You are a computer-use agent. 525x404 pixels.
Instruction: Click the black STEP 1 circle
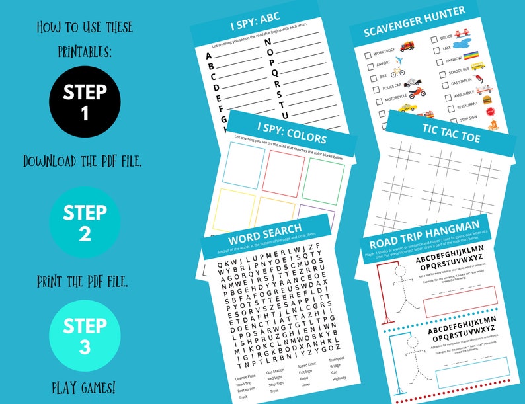pos(85,102)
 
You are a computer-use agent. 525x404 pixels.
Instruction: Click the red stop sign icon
pos(491,113)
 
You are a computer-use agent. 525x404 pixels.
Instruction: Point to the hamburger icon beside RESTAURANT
pos(489,101)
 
